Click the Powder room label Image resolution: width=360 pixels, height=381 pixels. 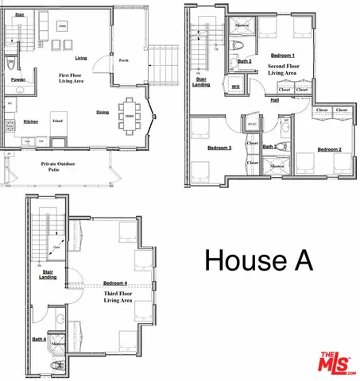pos(17,79)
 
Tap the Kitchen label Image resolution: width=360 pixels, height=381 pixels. pos(30,121)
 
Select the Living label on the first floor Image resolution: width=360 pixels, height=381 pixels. pos(80,58)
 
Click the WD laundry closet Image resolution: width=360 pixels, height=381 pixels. pos(235,86)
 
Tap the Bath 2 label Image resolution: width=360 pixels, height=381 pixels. pos(245,61)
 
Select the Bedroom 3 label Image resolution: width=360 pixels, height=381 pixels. pos(220,147)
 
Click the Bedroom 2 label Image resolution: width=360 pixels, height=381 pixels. pos(329,148)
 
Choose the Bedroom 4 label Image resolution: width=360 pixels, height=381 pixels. pos(114,283)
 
